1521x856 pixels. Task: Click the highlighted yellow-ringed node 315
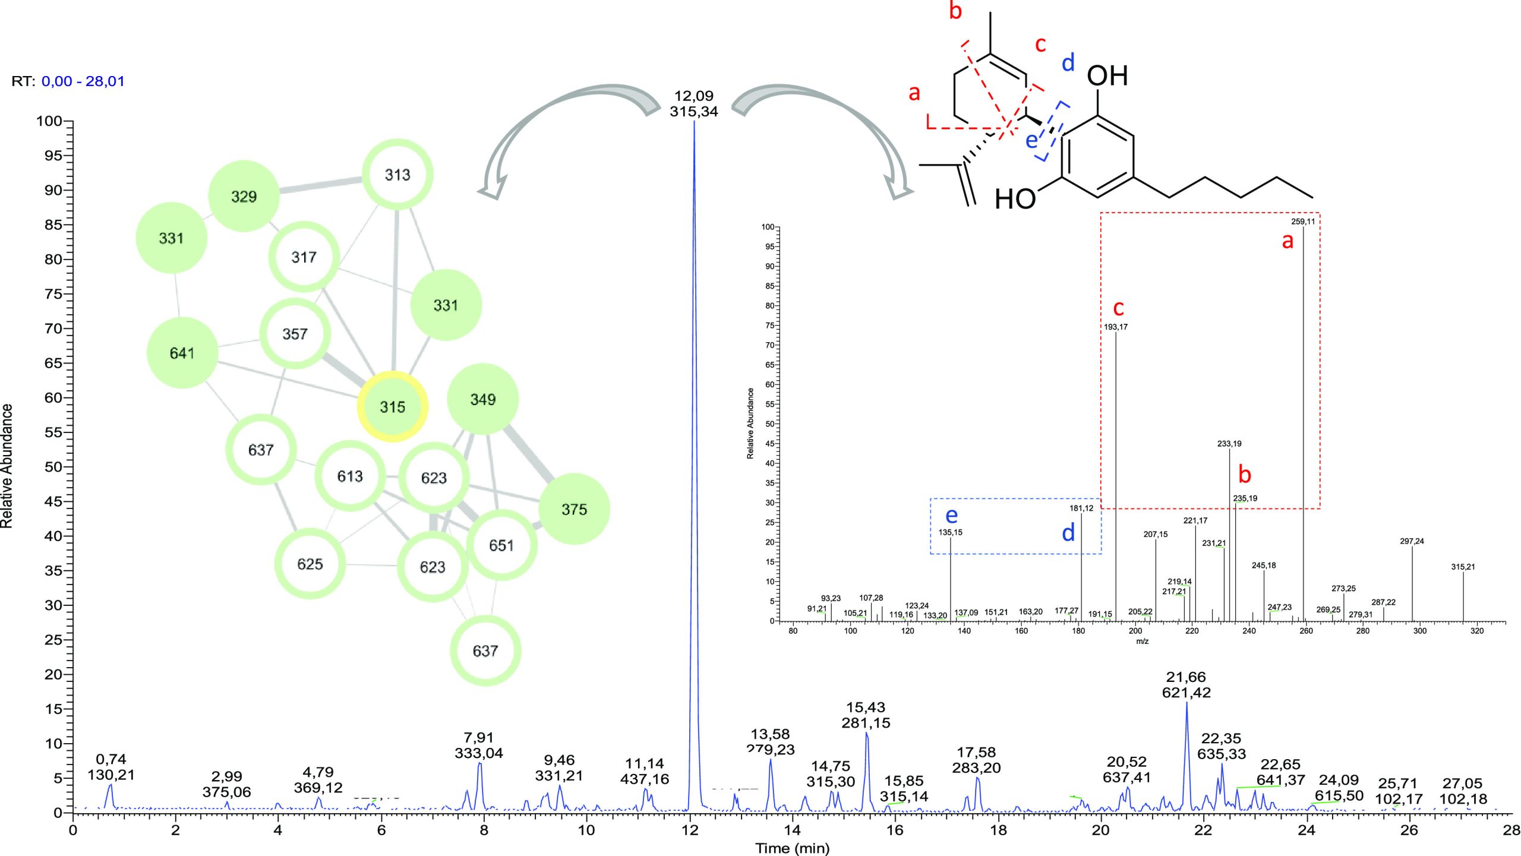point(392,407)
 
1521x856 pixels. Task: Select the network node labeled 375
point(574,509)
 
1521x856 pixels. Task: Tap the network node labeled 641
point(182,353)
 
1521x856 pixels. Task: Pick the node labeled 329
point(244,196)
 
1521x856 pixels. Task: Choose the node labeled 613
point(349,476)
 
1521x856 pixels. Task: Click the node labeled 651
point(501,545)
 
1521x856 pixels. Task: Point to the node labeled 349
point(482,399)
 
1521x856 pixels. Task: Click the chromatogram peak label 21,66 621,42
point(1186,684)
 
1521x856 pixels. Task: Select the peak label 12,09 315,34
point(693,103)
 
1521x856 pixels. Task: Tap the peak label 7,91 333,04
point(479,745)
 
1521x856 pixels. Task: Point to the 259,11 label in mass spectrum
point(1303,222)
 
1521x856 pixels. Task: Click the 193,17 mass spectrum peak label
point(1115,327)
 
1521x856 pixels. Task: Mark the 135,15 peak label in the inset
point(950,532)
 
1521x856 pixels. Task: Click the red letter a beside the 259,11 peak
point(1287,241)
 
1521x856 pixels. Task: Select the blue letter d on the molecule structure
point(1068,62)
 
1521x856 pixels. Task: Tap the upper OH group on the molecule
point(1107,76)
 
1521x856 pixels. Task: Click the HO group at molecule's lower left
point(1015,199)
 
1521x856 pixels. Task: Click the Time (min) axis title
point(792,848)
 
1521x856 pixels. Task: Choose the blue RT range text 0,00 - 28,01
point(83,81)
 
